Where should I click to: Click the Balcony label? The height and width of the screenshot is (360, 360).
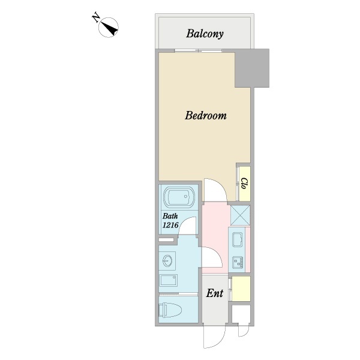point(205,34)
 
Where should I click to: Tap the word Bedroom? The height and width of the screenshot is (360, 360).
point(206,115)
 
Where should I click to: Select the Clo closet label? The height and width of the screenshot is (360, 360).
point(244,184)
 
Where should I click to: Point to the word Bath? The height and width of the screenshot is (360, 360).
point(170,216)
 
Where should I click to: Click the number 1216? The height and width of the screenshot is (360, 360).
point(170,225)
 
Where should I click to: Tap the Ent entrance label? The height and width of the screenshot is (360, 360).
point(215,293)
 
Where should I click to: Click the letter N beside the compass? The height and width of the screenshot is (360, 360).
point(96,18)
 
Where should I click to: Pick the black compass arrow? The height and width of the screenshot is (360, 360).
point(110,28)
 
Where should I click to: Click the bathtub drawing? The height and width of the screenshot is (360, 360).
point(179,197)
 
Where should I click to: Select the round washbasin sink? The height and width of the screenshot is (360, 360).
point(167,261)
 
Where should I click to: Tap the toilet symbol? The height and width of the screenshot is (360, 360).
point(170,310)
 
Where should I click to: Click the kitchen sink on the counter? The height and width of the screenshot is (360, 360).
point(238,239)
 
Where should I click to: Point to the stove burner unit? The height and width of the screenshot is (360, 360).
point(238,262)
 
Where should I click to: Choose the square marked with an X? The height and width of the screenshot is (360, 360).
point(240,215)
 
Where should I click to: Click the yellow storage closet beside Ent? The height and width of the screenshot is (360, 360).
point(241,289)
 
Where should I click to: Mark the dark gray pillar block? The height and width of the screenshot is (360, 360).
point(252,68)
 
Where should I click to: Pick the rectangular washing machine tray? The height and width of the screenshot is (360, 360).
point(168,280)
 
